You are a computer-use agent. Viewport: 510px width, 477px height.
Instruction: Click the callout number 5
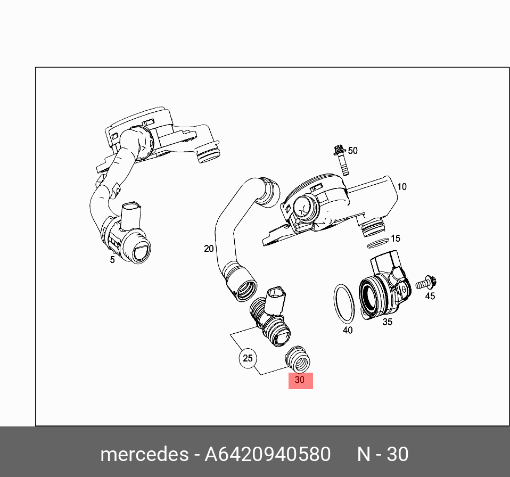[x=112, y=260]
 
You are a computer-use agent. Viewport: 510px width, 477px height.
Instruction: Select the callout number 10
[x=401, y=187]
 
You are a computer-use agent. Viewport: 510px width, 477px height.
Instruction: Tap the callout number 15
[x=395, y=238]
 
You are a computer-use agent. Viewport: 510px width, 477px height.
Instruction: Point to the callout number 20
[x=209, y=249]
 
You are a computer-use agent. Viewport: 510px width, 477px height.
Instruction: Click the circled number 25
[x=248, y=358]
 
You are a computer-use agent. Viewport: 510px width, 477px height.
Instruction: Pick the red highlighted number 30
[x=300, y=381]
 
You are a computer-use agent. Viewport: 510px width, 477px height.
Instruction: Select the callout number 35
[x=387, y=322]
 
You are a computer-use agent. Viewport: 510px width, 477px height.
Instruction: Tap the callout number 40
[x=347, y=330]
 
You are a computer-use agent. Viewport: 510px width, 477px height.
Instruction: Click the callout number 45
[x=430, y=296]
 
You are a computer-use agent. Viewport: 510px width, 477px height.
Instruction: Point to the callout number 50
[x=352, y=151]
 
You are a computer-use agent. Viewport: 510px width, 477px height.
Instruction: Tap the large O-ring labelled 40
[x=344, y=304]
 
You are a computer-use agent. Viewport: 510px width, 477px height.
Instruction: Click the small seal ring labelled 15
[x=377, y=243]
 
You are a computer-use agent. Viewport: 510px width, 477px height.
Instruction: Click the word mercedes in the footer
[x=143, y=454]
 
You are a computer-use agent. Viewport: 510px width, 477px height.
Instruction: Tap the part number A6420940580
[x=267, y=454]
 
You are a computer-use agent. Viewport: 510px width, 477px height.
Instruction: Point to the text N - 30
[x=382, y=454]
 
